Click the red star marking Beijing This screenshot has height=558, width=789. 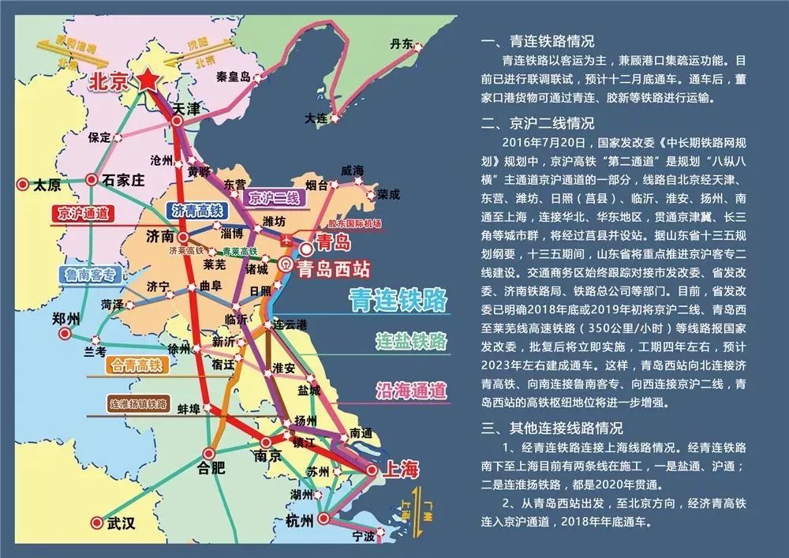pyautogui.click(x=148, y=79)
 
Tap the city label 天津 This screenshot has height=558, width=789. pyautogui.click(x=187, y=107)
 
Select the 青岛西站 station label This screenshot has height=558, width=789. pyautogui.click(x=334, y=268)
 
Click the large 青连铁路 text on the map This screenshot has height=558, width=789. pyautogui.click(x=398, y=301)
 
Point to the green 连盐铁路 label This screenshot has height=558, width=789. pyautogui.click(x=411, y=342)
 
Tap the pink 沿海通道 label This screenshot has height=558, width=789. pyautogui.click(x=410, y=390)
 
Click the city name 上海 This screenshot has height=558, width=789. pyautogui.click(x=399, y=470)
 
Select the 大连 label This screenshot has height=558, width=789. pyautogui.click(x=316, y=118)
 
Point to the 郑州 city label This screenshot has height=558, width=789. pyautogui.click(x=65, y=319)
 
